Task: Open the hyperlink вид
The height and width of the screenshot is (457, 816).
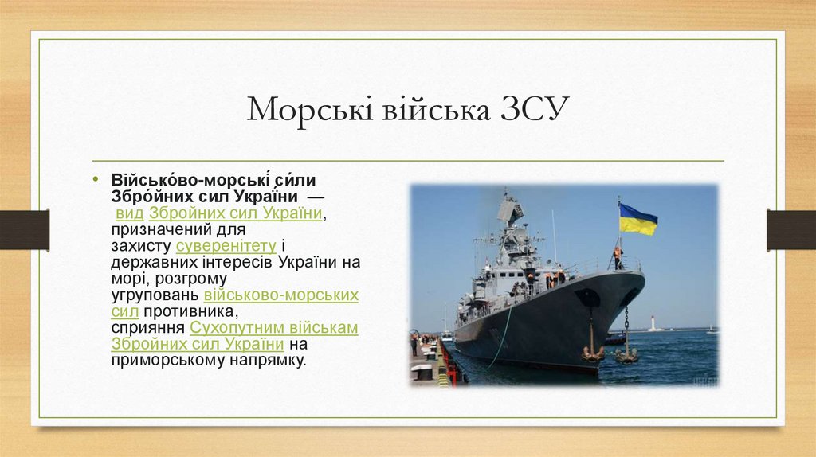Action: pyautogui.click(x=129, y=213)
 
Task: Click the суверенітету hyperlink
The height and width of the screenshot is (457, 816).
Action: pyautogui.click(x=226, y=245)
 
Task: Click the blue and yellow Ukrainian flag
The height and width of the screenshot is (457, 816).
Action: pyautogui.click(x=637, y=219)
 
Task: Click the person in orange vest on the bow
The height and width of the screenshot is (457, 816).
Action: pyautogui.click(x=617, y=257)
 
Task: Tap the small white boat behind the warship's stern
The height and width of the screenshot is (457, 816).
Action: pyautogui.click(x=446, y=336)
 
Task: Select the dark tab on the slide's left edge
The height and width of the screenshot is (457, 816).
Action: pyautogui.click(x=24, y=229)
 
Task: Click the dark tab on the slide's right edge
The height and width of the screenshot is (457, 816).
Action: pyautogui.click(x=790, y=229)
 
